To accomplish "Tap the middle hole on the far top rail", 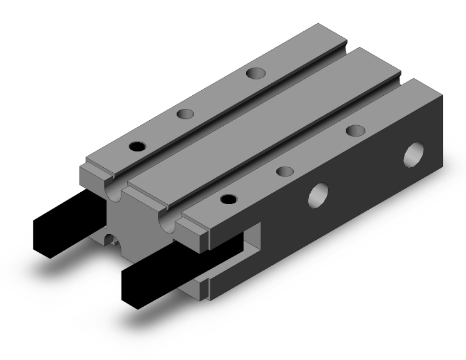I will (x=185, y=114).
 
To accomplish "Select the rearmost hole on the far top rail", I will (x=255, y=73).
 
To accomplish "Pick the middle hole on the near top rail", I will (x=285, y=170).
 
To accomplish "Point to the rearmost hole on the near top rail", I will (x=356, y=130).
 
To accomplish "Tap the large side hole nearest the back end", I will (x=414, y=153).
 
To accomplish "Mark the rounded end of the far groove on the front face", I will (x=114, y=192).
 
